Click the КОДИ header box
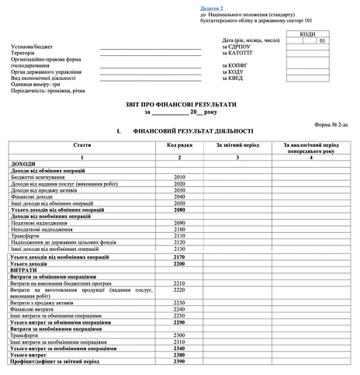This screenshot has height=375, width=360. (x=307, y=35)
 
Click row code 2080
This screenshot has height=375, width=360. (x=180, y=210)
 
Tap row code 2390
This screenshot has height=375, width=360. (x=180, y=363)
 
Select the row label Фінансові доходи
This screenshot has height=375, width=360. (x=33, y=197)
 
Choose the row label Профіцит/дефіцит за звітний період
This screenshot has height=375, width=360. (x=56, y=363)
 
